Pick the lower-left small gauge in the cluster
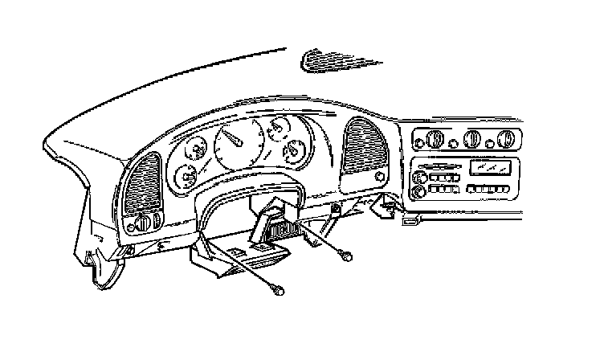[188, 174]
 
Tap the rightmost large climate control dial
[506, 141]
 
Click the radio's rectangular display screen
[491, 167]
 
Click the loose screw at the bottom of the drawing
[279, 292]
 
